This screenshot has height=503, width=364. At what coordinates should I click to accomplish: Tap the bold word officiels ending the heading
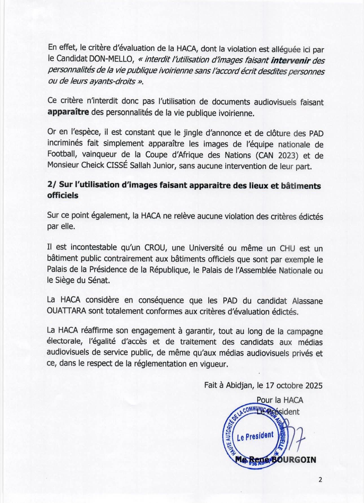[63, 195]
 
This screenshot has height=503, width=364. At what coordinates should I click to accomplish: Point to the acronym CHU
[287, 248]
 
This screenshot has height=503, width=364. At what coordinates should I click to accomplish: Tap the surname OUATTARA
[67, 312]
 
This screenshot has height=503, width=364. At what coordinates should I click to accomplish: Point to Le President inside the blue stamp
[255, 436]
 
